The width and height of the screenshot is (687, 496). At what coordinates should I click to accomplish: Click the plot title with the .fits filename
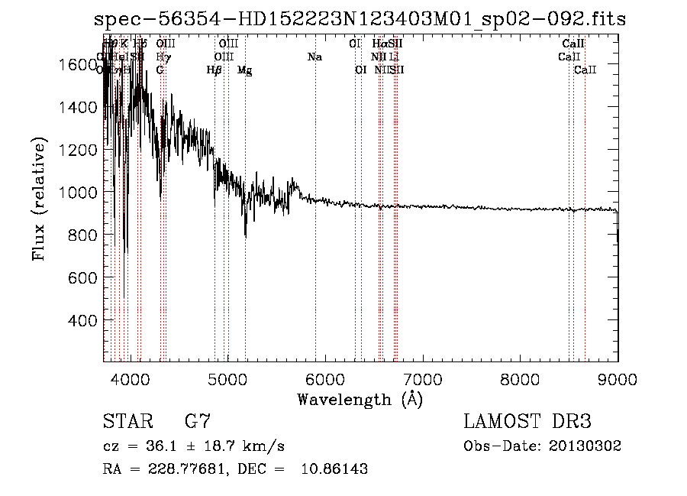(x=360, y=19)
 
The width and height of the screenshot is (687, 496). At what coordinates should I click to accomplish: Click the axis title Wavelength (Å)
(x=360, y=399)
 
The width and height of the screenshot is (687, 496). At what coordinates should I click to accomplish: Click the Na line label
(x=314, y=57)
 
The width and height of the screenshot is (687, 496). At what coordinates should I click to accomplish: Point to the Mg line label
(x=244, y=70)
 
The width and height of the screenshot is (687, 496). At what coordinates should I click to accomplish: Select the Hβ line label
(x=214, y=70)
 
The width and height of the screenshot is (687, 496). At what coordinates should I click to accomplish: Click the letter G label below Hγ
(x=160, y=70)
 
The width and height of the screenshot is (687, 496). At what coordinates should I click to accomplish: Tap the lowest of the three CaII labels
(x=585, y=70)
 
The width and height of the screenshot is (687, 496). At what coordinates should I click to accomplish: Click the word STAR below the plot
(x=125, y=421)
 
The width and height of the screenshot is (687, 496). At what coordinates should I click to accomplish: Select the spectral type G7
(x=198, y=421)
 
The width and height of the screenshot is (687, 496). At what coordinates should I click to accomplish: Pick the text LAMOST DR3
(x=527, y=421)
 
